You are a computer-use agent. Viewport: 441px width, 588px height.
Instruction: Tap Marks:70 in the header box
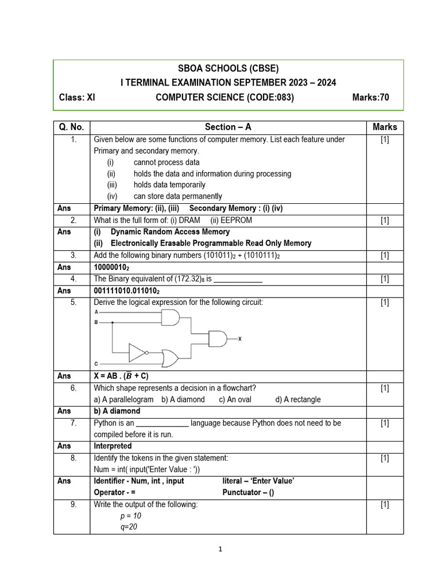370,97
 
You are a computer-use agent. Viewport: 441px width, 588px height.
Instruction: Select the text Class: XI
77,97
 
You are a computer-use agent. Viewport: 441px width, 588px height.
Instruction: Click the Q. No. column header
72,127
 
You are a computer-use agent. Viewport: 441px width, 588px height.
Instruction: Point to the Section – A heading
228,127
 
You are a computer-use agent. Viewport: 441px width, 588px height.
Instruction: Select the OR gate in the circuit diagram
171,358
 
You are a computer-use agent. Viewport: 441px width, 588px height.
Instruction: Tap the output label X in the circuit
239,339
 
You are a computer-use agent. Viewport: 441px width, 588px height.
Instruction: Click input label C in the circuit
95,363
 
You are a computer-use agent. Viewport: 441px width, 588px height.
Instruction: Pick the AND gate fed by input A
171,317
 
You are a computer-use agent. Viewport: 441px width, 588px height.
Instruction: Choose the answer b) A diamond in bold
117,411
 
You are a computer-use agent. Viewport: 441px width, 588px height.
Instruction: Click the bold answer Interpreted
113,446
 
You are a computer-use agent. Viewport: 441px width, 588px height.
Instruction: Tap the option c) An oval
235,399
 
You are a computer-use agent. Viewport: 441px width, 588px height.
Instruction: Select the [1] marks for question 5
385,302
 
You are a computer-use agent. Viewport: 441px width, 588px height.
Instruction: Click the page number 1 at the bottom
220,549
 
